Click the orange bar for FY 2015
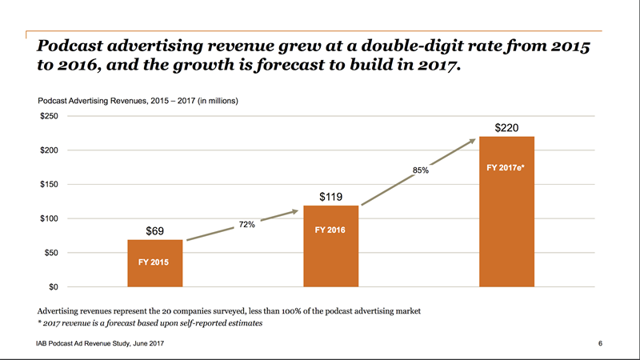(155, 262)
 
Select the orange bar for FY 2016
(330, 246)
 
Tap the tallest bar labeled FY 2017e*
(506, 211)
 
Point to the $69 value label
(155, 231)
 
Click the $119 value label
(331, 196)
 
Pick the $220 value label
(507, 127)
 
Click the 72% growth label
(246, 225)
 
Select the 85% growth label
(421, 170)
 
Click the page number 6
(599, 343)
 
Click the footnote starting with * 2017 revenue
(150, 323)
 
